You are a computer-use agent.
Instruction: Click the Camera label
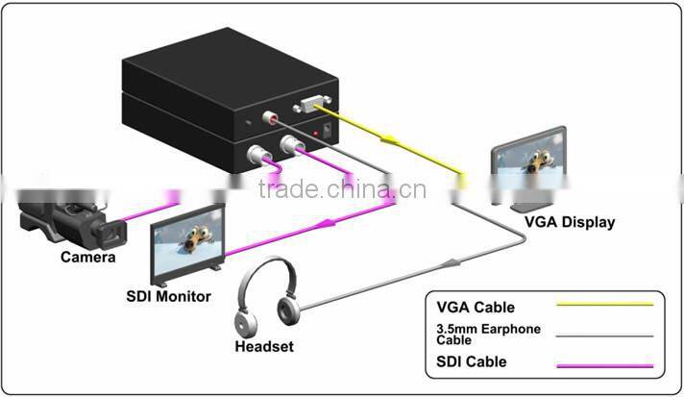(x=87, y=257)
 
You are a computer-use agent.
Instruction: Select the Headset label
(x=264, y=346)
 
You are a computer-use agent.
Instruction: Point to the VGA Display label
(x=569, y=222)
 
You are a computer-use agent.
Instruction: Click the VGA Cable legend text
(x=476, y=308)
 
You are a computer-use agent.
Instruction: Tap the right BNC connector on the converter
(x=289, y=146)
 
